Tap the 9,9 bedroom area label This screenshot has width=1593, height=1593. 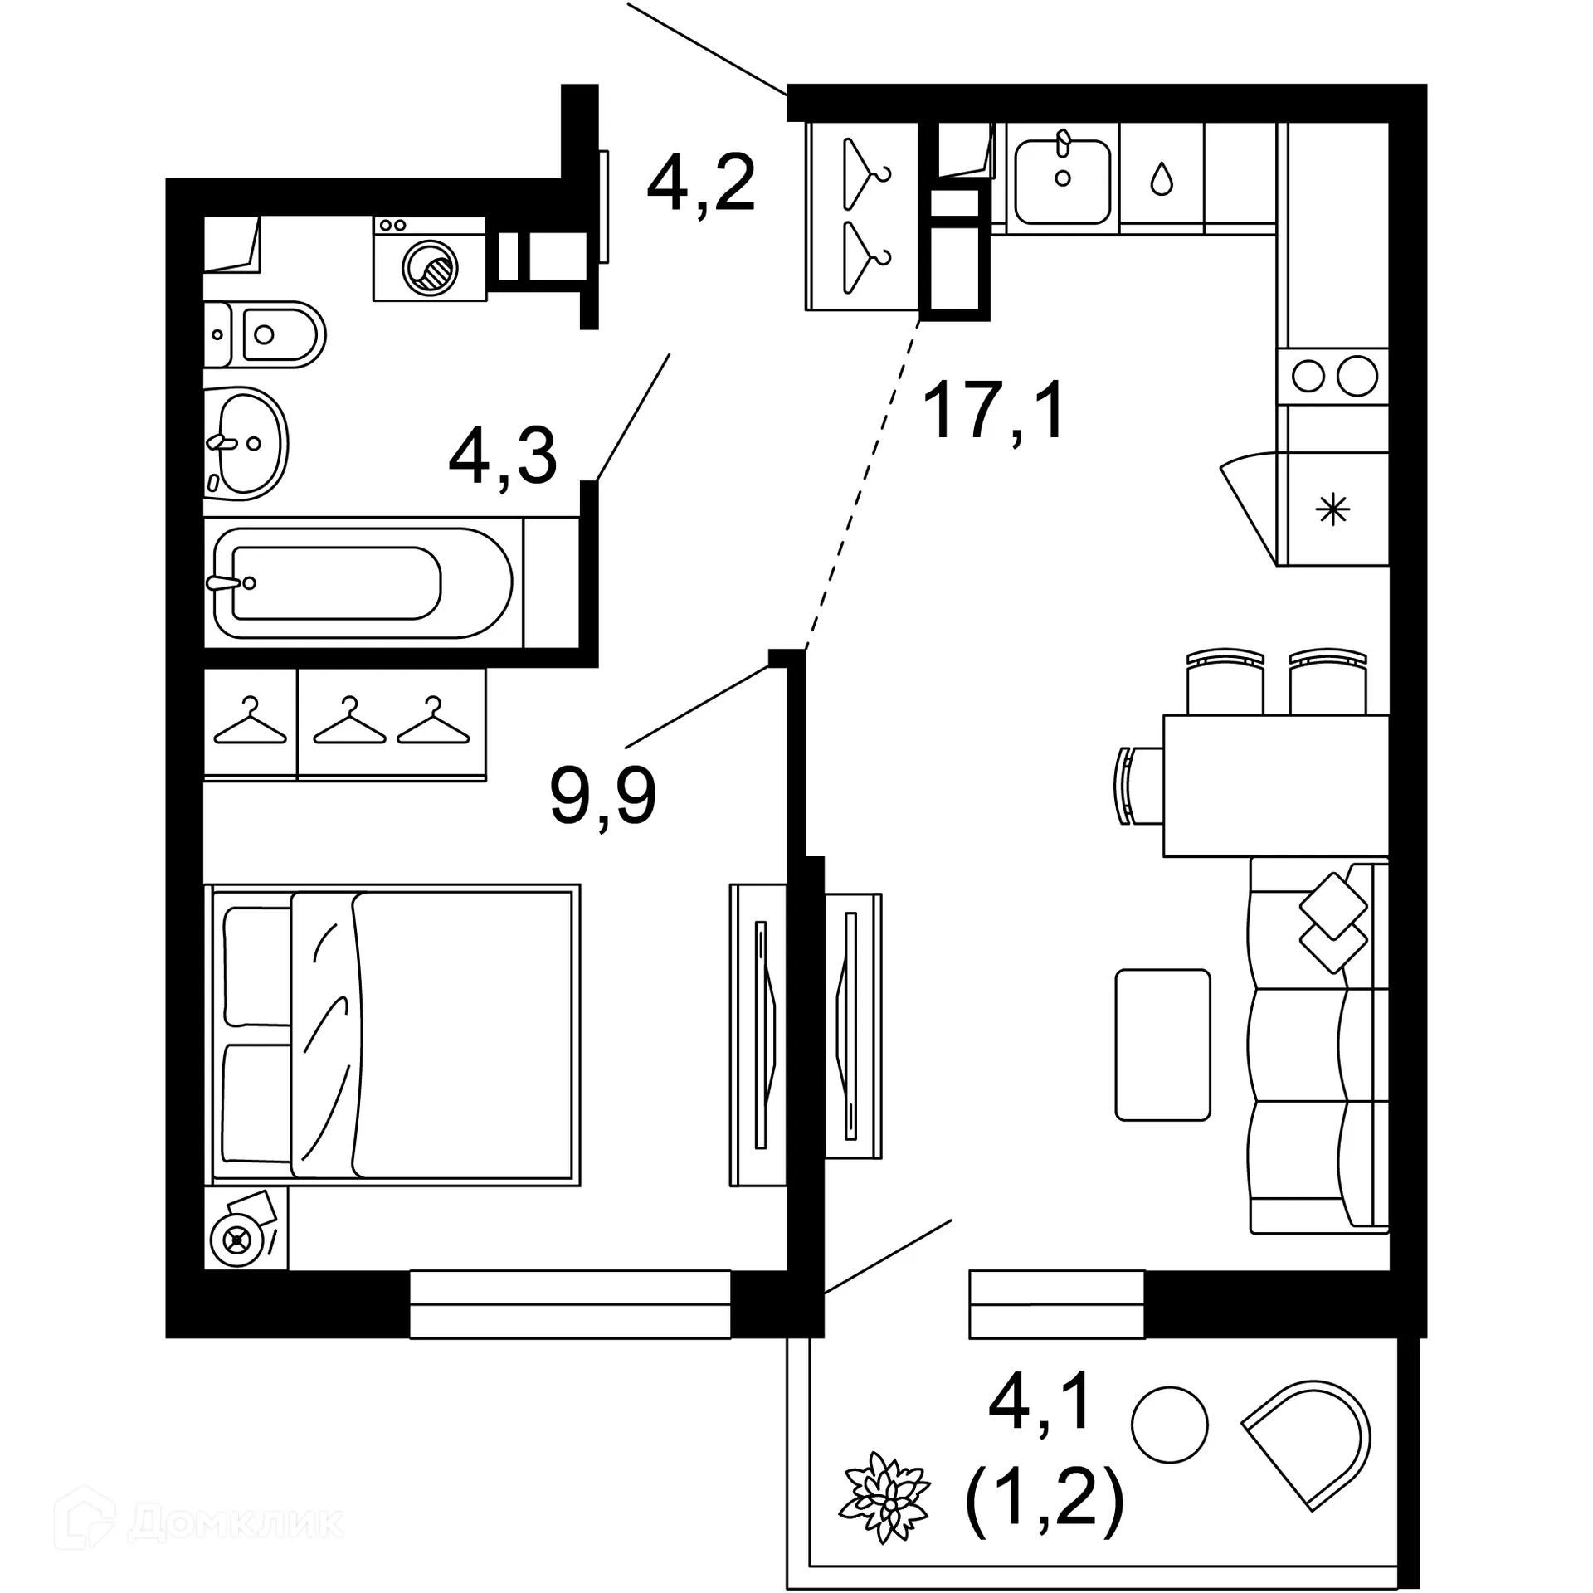(x=602, y=796)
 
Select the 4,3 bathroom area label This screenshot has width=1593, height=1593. (x=503, y=457)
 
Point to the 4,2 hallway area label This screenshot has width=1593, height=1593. (x=701, y=184)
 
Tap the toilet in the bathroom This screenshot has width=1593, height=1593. (x=265, y=334)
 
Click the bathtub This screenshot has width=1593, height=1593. (x=363, y=582)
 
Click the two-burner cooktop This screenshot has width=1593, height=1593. (x=1333, y=377)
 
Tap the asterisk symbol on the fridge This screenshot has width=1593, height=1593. (x=1334, y=509)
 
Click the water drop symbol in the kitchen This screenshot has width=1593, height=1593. (x=1162, y=178)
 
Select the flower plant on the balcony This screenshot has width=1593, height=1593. (x=887, y=1498)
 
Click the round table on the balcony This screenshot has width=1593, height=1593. (x=1169, y=1424)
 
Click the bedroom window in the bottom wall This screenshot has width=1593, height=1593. (x=570, y=1304)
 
